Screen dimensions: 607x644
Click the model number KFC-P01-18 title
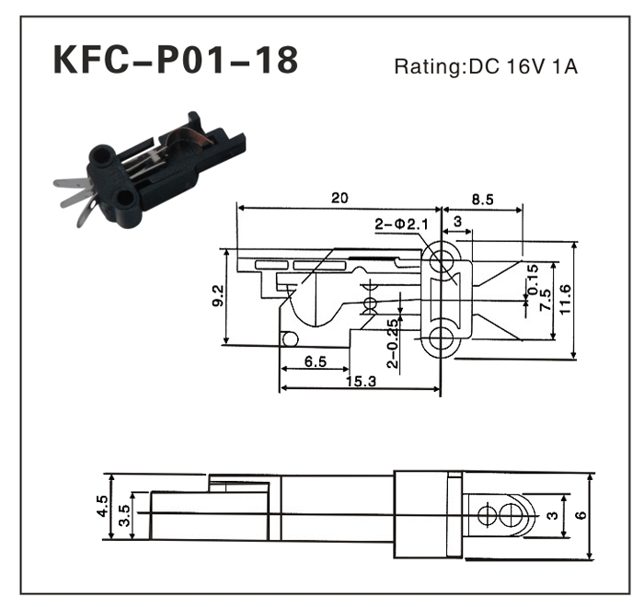(x=176, y=61)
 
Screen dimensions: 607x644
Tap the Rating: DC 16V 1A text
(x=486, y=67)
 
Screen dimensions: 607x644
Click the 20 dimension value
(x=339, y=198)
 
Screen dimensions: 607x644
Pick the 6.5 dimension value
(x=315, y=362)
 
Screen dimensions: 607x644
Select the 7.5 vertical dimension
(x=546, y=300)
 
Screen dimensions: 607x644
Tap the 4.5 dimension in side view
(x=102, y=507)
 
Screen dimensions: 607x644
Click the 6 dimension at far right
(x=581, y=516)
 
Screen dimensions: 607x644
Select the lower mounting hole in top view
(x=441, y=337)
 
